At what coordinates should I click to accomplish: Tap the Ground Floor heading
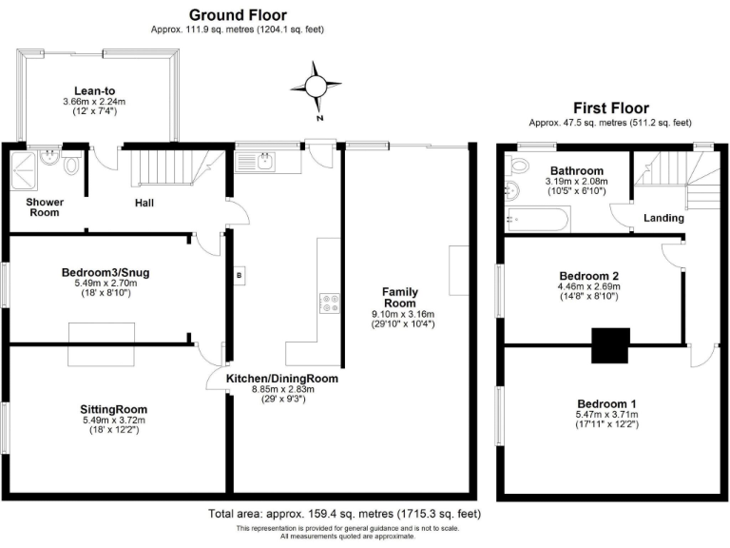tap(237, 14)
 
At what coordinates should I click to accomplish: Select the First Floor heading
tap(609, 108)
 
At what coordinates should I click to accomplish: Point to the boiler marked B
tap(238, 277)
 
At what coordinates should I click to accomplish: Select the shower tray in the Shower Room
tap(25, 168)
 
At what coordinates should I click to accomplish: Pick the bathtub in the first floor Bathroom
tap(536, 221)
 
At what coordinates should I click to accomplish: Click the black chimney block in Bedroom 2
tap(610, 344)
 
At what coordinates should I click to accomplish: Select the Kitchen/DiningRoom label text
tap(281, 379)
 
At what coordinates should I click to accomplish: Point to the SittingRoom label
tap(113, 409)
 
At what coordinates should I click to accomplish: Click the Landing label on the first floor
tap(663, 218)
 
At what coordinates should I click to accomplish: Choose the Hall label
tap(144, 203)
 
